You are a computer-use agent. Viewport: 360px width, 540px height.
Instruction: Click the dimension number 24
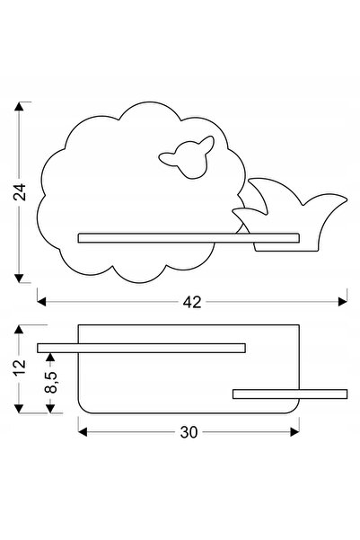pyautogui.click(x=19, y=192)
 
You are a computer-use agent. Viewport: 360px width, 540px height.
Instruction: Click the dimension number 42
pyautogui.click(x=192, y=302)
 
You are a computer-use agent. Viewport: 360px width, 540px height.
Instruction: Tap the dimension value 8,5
pyautogui.click(x=50, y=382)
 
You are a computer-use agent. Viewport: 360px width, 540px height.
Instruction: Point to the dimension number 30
pyautogui.click(x=189, y=432)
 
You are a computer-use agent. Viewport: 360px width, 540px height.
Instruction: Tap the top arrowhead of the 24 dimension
pyautogui.click(x=19, y=106)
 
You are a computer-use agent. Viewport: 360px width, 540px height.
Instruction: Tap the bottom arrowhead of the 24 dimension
pyautogui.click(x=19, y=279)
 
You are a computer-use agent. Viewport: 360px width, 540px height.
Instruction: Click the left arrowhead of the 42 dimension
pyautogui.click(x=41, y=302)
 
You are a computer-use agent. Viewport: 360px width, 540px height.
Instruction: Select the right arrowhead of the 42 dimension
pyautogui.click(x=343, y=302)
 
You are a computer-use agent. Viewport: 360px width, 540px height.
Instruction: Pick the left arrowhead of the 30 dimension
pyautogui.click(x=83, y=432)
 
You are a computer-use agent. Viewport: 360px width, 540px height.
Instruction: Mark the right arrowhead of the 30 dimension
pyautogui.click(x=295, y=432)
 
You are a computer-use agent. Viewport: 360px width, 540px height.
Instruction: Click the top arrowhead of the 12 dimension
pyautogui.click(x=19, y=329)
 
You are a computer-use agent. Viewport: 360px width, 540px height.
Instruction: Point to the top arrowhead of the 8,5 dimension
pyautogui.click(x=50, y=357)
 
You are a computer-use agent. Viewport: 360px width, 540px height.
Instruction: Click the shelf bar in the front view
pyautogui.click(x=189, y=238)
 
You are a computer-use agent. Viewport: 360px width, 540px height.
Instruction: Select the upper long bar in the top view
pyautogui.click(x=142, y=348)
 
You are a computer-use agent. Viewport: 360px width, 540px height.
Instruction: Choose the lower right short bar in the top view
pyautogui.click(x=290, y=394)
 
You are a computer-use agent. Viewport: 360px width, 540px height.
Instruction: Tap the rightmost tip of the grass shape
pyautogui.click(x=347, y=199)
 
